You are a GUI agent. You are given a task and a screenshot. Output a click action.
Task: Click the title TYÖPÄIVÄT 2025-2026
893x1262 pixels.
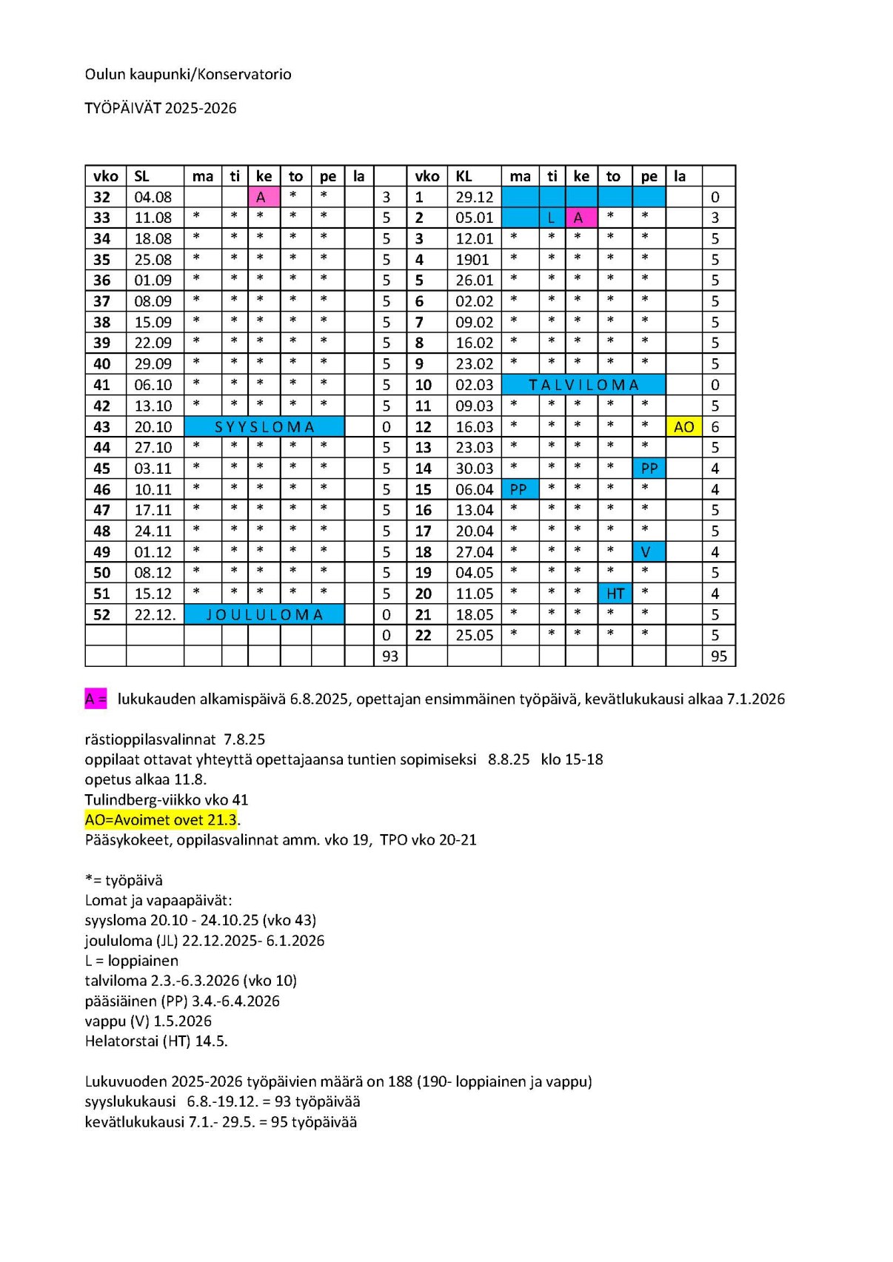161,108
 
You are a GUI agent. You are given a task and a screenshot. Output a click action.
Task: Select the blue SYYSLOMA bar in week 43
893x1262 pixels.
264,426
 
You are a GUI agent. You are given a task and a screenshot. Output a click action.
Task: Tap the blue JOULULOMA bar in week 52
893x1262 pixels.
264,614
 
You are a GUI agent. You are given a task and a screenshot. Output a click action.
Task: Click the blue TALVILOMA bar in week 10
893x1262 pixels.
583,385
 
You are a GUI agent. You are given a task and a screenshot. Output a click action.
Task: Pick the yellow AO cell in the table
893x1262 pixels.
683,426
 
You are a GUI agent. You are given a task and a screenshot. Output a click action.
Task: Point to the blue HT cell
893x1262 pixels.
615,594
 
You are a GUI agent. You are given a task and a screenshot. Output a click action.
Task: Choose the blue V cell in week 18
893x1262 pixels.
649,552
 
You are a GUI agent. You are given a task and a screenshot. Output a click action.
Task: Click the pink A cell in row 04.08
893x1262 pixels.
264,197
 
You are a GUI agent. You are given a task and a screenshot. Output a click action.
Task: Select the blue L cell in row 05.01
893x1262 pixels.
552,218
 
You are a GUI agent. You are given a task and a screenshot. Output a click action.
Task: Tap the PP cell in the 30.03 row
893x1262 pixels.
649,469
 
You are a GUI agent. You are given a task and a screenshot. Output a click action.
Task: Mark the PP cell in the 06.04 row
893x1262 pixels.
519,489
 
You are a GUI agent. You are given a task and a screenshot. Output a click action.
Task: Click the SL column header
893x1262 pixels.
141,176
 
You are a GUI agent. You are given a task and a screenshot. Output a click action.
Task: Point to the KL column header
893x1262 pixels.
464,176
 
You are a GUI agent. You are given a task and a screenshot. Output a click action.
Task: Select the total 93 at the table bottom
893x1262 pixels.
389,657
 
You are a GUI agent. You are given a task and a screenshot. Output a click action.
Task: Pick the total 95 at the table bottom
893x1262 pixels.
718,657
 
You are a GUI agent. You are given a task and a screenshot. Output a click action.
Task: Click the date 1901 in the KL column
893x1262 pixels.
472,260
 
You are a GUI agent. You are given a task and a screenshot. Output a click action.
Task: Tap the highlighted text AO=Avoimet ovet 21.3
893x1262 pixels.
161,819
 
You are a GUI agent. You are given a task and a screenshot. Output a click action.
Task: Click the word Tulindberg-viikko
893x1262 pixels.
137,799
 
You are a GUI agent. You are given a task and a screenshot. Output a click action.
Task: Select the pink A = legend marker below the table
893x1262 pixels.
96,699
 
